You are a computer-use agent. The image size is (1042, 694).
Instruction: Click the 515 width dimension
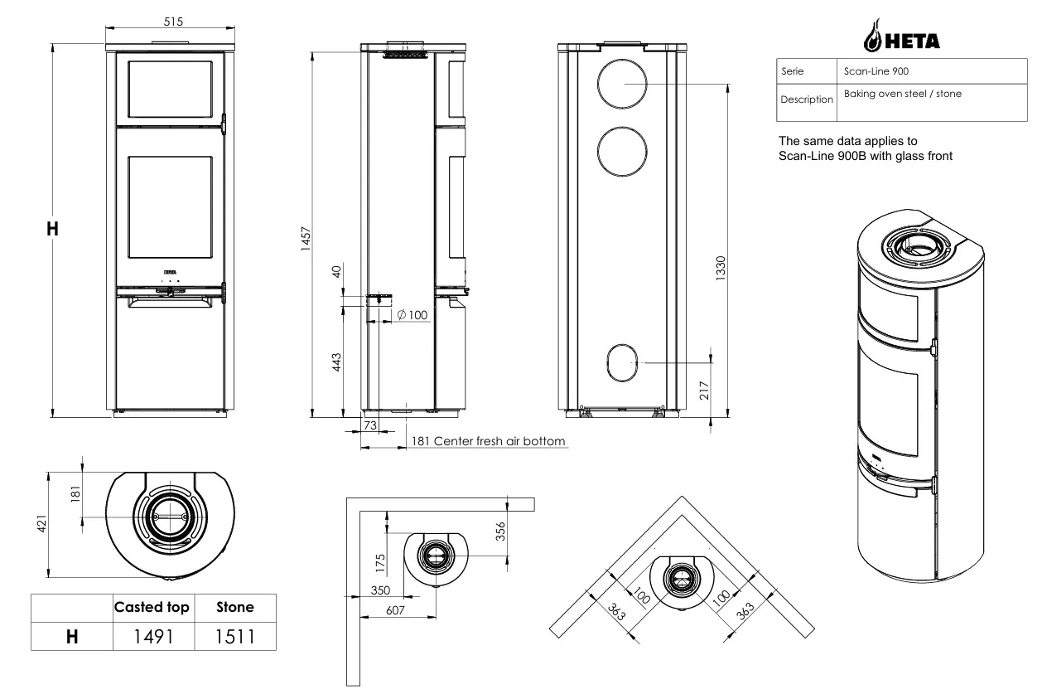coord(173,22)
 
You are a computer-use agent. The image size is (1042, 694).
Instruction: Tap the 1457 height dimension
coord(306,239)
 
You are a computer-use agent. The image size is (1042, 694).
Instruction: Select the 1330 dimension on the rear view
coord(720,269)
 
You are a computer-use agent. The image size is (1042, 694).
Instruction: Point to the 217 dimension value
coord(704,391)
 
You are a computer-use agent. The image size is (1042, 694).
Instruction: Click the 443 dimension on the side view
coord(336,362)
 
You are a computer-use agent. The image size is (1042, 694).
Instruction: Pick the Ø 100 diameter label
coord(412,315)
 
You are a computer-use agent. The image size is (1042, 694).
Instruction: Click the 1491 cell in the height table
coord(153,637)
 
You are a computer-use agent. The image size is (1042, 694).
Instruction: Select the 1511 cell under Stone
coord(235,637)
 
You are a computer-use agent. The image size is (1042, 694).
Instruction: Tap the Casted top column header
coord(152,607)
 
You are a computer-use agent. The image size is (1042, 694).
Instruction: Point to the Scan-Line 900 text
coord(876,71)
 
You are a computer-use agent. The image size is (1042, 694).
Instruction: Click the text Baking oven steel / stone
coord(903,94)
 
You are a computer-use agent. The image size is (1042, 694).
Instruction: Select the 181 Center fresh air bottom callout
coord(489,441)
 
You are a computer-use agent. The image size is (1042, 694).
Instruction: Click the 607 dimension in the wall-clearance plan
coord(395,610)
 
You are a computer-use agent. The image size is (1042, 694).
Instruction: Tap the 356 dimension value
coord(500,531)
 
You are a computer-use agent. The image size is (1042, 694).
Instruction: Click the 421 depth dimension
coord(42,524)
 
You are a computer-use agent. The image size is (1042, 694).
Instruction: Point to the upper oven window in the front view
coord(171,89)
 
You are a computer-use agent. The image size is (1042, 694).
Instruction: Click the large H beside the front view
coord(52,229)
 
